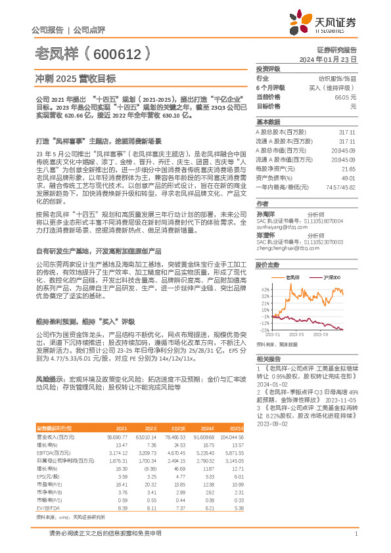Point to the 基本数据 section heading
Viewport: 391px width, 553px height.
point(267,122)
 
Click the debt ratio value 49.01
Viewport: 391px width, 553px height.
point(348,177)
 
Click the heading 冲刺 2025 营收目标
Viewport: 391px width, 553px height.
point(75,78)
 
